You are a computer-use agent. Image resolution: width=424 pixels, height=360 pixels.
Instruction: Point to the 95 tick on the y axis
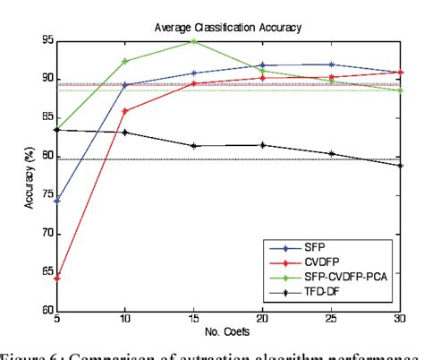click(46, 41)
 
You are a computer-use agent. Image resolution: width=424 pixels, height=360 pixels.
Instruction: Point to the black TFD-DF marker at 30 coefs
click(402, 166)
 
